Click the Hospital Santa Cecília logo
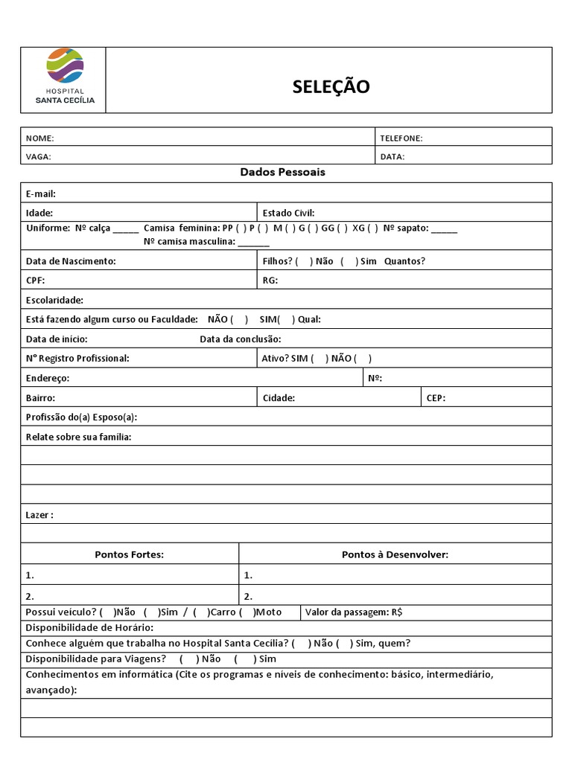tap(65, 77)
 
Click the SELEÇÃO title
tap(331, 87)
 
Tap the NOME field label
tap(40, 138)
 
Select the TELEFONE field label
tap(401, 138)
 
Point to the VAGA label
tap(39, 157)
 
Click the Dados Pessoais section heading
tap(282, 172)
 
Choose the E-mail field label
tap(41, 193)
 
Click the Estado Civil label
tap(288, 213)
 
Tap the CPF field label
tap(36, 281)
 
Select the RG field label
tap(270, 281)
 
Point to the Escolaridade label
tap(54, 300)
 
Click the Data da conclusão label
tap(240, 339)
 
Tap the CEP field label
tap(436, 397)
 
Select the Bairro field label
tap(40, 397)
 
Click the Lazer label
tap(39, 515)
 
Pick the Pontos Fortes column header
tap(129, 554)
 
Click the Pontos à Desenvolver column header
tap(395, 554)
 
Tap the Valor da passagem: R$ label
tap(354, 612)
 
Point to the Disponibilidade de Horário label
tap(89, 628)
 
